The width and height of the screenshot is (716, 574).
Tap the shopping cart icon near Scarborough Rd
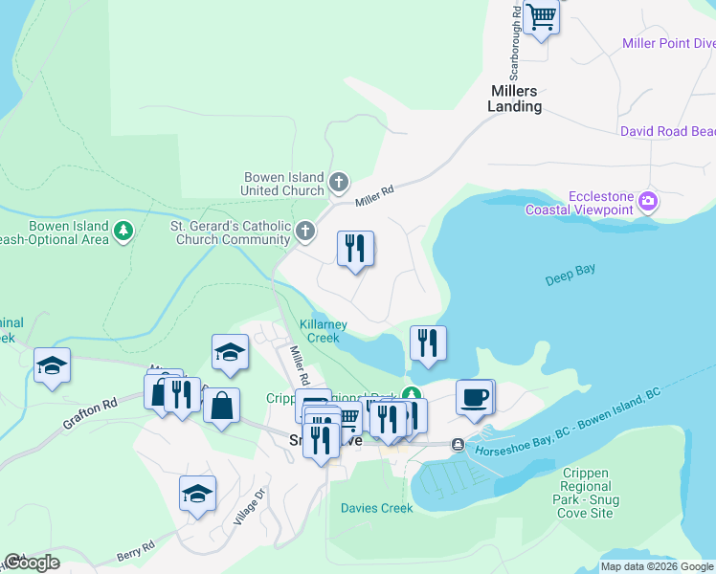pyautogui.click(x=542, y=17)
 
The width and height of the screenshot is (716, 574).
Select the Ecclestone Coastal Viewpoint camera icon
pyautogui.click(x=648, y=201)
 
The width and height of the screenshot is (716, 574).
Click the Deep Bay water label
pyautogui.click(x=570, y=276)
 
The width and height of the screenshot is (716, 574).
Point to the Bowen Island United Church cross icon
pyautogui.click(x=338, y=182)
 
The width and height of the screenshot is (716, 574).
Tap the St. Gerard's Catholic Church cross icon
pyautogui.click(x=304, y=231)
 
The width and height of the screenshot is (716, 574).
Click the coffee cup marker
pyautogui.click(x=475, y=397)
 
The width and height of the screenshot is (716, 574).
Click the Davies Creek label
pyautogui.click(x=377, y=508)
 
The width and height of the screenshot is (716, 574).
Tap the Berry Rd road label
pyautogui.click(x=135, y=554)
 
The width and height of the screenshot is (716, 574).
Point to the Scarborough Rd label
pyautogui.click(x=515, y=43)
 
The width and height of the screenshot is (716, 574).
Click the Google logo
pyautogui.click(x=31, y=563)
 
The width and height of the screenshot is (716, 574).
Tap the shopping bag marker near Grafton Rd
pyautogui.click(x=221, y=406)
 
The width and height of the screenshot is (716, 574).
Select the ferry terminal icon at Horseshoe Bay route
pyautogui.click(x=459, y=445)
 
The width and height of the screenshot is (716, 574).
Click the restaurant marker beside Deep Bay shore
pyautogui.click(x=428, y=343)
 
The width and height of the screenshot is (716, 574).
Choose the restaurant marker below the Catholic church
pyautogui.click(x=355, y=249)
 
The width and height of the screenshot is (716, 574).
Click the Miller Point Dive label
pyautogui.click(x=668, y=43)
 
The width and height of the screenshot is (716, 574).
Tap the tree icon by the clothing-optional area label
pyautogui.click(x=123, y=231)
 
